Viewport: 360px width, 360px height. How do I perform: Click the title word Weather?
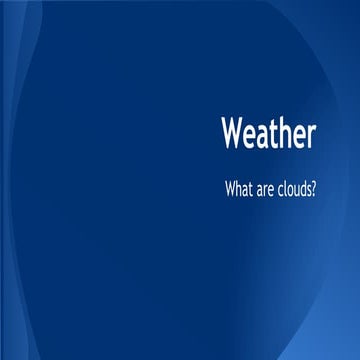coord(270,134)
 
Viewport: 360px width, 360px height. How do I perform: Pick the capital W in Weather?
coord(233,134)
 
